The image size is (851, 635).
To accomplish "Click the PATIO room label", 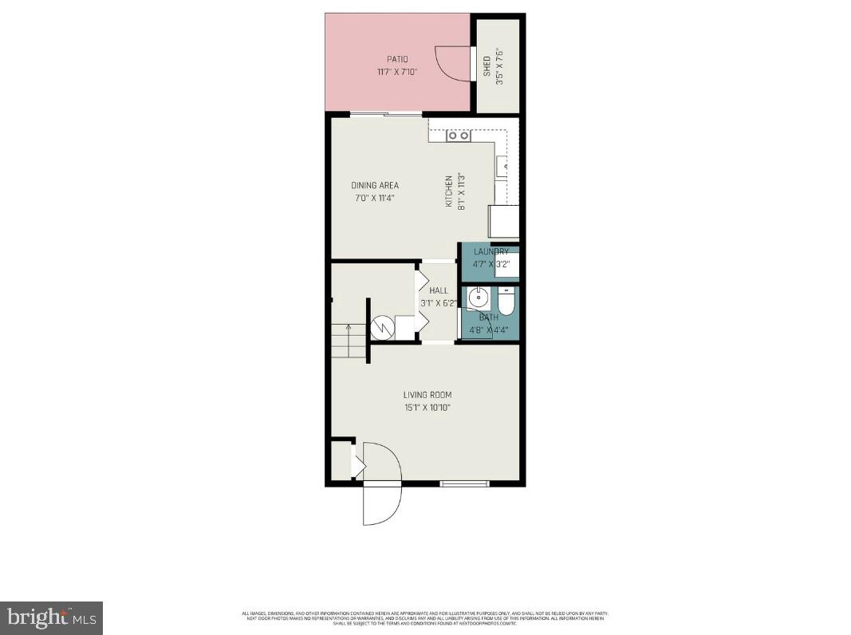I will click(397, 59).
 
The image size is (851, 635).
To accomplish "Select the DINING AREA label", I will click(375, 185).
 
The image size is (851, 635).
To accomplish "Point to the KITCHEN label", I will click(449, 192).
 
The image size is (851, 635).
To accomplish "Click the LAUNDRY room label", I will click(491, 252).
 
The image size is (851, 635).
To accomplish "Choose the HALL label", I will click(439, 291).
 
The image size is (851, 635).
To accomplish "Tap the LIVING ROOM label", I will click(427, 395).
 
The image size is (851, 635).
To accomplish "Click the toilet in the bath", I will click(507, 302).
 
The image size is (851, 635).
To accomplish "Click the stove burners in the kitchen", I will click(459, 136).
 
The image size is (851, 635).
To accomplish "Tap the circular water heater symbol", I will click(383, 327).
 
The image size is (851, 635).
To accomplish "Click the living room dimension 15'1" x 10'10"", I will click(427, 408).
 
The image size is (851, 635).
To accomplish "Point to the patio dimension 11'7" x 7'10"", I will click(397, 72).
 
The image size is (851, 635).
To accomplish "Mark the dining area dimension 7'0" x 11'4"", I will click(375, 198).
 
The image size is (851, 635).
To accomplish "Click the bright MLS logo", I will click(50, 617).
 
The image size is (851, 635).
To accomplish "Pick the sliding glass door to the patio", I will click(387, 115).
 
